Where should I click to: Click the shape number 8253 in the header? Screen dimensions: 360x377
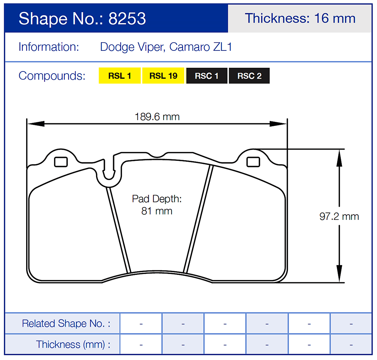[127, 18]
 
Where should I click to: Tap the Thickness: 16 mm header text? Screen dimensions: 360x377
[300, 18]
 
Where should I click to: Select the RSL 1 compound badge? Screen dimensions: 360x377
[120, 76]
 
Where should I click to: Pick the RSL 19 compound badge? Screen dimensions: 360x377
[163, 76]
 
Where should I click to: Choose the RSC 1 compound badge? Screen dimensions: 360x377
[207, 76]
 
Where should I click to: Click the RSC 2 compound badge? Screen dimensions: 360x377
[249, 76]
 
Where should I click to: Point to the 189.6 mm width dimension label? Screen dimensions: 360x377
[157, 117]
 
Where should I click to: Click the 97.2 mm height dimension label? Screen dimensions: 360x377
[339, 216]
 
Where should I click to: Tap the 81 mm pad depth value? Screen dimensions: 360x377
[157, 211]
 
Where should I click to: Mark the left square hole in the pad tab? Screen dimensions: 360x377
[61, 162]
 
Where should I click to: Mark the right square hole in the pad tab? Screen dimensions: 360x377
[253, 162]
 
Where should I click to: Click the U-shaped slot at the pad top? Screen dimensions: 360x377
[109, 173]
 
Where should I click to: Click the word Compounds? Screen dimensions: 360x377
[52, 76]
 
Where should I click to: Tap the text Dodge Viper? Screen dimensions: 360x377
[131, 47]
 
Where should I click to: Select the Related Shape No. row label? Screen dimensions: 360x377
[66, 324]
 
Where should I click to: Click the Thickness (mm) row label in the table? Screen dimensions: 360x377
[73, 345]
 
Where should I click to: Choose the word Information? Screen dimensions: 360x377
[49, 47]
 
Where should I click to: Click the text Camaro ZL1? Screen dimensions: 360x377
[201, 47]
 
